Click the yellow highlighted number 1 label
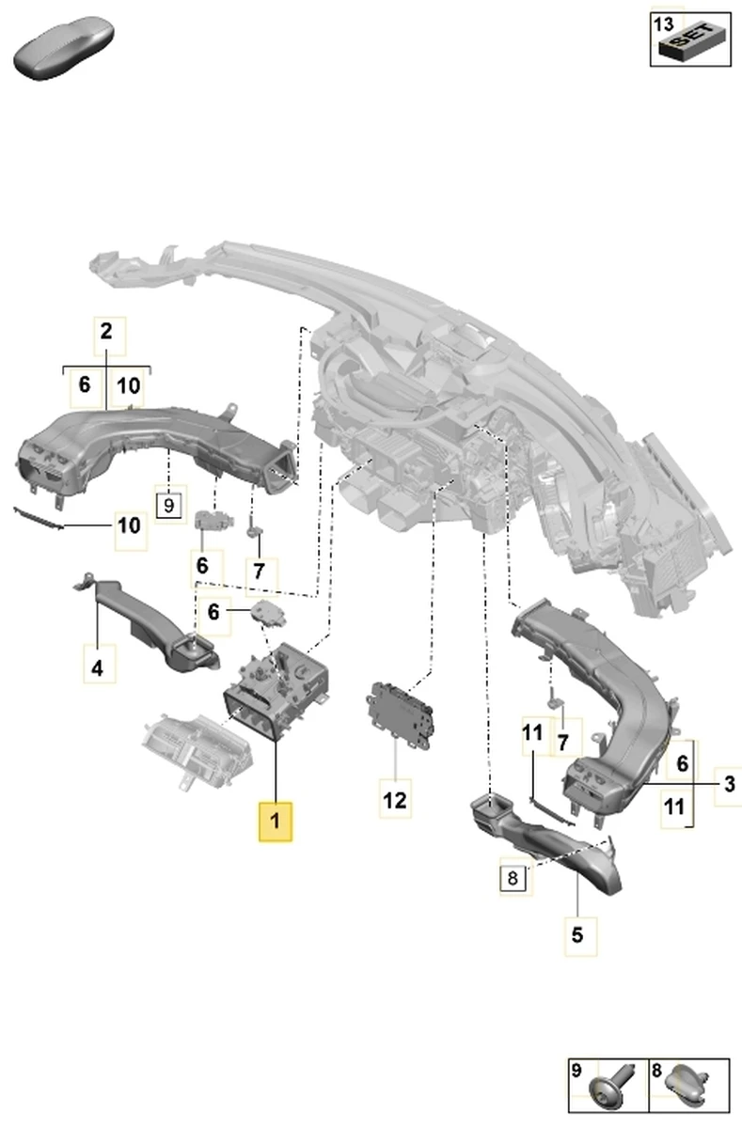coord(276,821)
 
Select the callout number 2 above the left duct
coord(106,331)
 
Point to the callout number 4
coord(97,668)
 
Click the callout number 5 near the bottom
coord(577,934)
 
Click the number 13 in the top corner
coord(663,23)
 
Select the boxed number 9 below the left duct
coord(168,505)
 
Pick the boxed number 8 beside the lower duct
coord(513,880)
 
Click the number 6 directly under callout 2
coord(84,384)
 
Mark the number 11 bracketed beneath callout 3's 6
coord(673,806)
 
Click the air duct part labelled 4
coord(141,621)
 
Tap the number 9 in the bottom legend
coord(577,1070)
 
